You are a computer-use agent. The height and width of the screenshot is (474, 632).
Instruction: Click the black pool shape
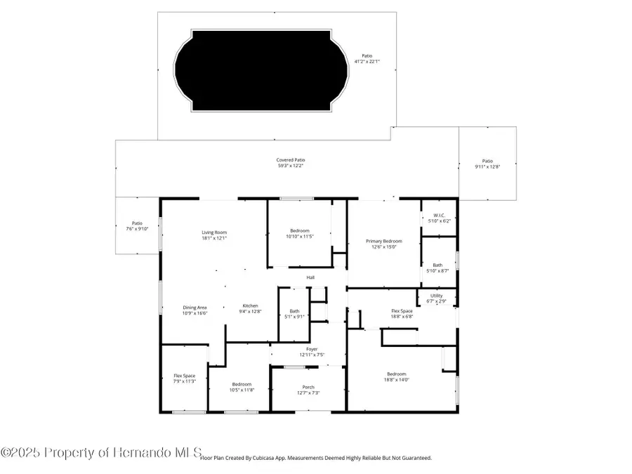coord(261,70)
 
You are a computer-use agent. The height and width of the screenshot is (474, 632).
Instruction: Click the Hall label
coord(310,277)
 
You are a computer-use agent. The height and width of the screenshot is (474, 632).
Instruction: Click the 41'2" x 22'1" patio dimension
coord(367,62)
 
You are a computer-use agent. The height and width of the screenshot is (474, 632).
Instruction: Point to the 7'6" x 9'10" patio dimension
coord(137,229)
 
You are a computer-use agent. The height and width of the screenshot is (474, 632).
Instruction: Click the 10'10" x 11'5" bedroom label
coord(300,237)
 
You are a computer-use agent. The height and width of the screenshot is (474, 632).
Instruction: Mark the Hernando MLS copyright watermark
coord(101,452)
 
